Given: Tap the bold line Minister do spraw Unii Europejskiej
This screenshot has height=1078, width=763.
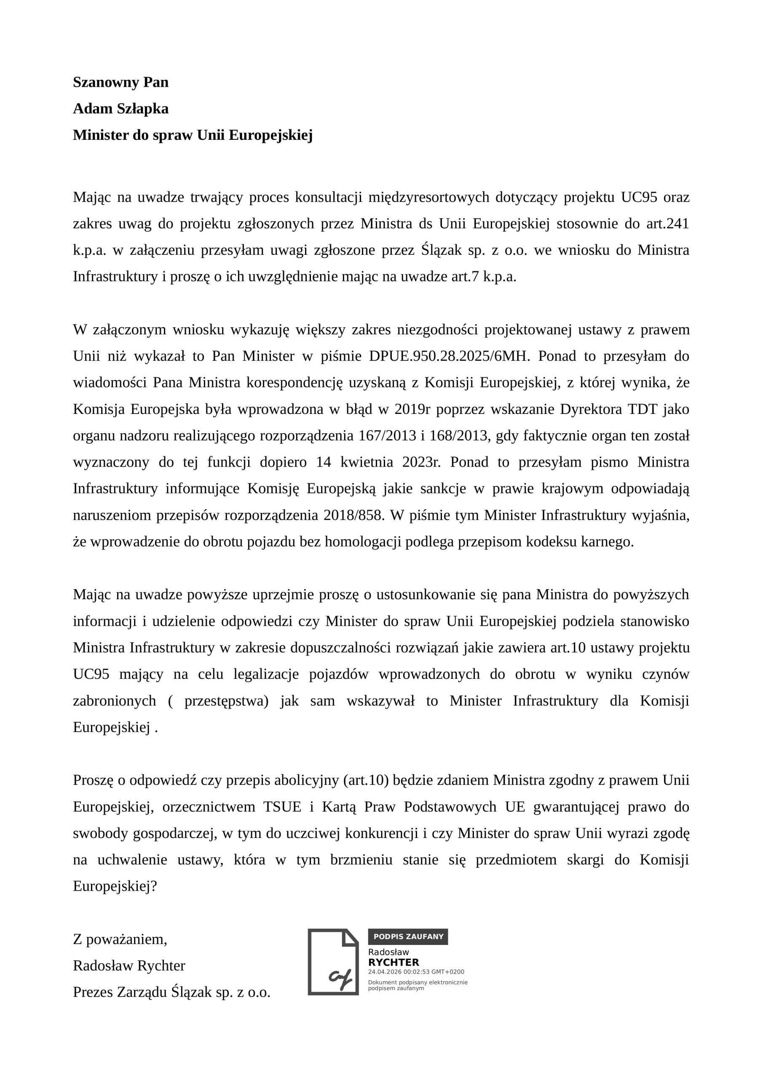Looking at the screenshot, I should click(193, 135).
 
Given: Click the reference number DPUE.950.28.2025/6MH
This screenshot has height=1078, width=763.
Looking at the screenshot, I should click(449, 356).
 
